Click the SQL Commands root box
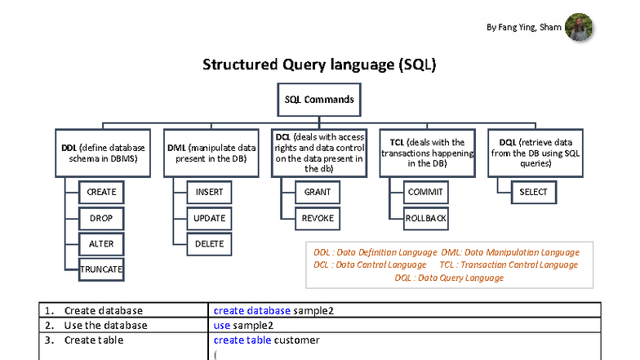tap(319, 100)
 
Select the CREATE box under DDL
tap(101, 193)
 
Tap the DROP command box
tap(101, 218)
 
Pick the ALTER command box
tap(101, 243)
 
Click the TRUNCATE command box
tap(101, 269)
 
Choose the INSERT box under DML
tap(210, 193)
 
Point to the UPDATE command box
tap(210, 218)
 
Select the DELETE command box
tap(210, 243)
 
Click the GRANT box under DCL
tap(318, 193)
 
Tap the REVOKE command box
tap(318, 218)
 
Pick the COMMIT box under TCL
tap(426, 193)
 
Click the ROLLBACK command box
tap(426, 218)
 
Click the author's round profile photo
tap(579, 27)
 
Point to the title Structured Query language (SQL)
tap(319, 65)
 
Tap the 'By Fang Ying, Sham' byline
tap(523, 27)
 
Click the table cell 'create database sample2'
tap(273, 310)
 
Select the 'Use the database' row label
tap(105, 325)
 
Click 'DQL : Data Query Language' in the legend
tap(449, 278)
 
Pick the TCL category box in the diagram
tap(426, 153)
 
